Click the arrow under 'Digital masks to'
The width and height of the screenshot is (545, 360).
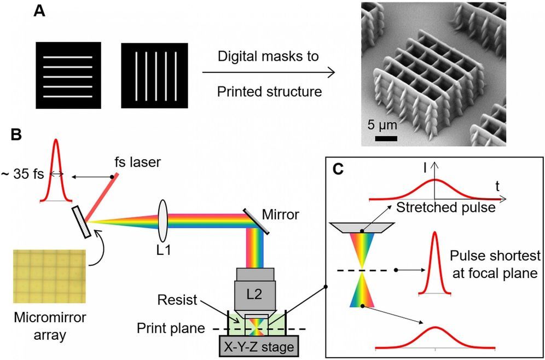tap(268, 72)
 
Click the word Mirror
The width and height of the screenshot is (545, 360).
tap(281, 214)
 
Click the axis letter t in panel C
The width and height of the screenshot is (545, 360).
tap(497, 186)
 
